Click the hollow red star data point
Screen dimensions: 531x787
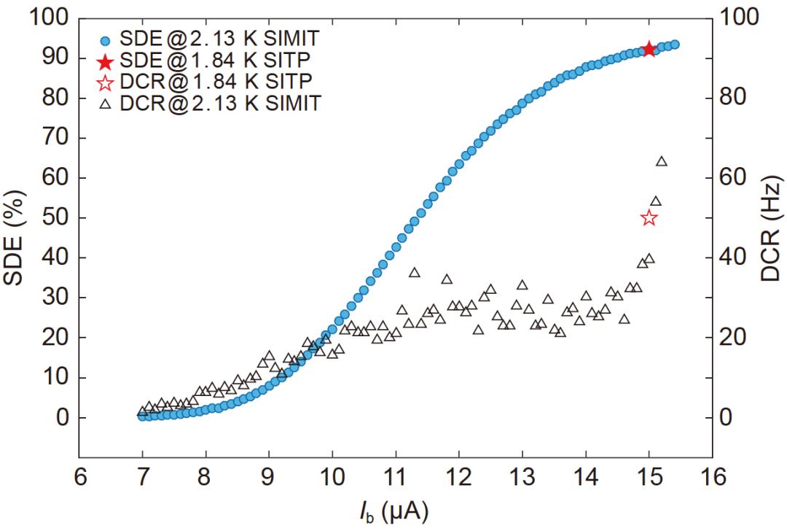tap(649, 218)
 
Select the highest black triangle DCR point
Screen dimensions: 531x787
tap(662, 161)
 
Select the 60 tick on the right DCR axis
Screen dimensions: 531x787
tap(737, 178)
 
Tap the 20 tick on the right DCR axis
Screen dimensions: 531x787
tap(737, 338)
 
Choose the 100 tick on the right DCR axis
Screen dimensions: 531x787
tap(743, 18)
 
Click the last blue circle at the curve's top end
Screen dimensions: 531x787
tap(674, 44)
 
